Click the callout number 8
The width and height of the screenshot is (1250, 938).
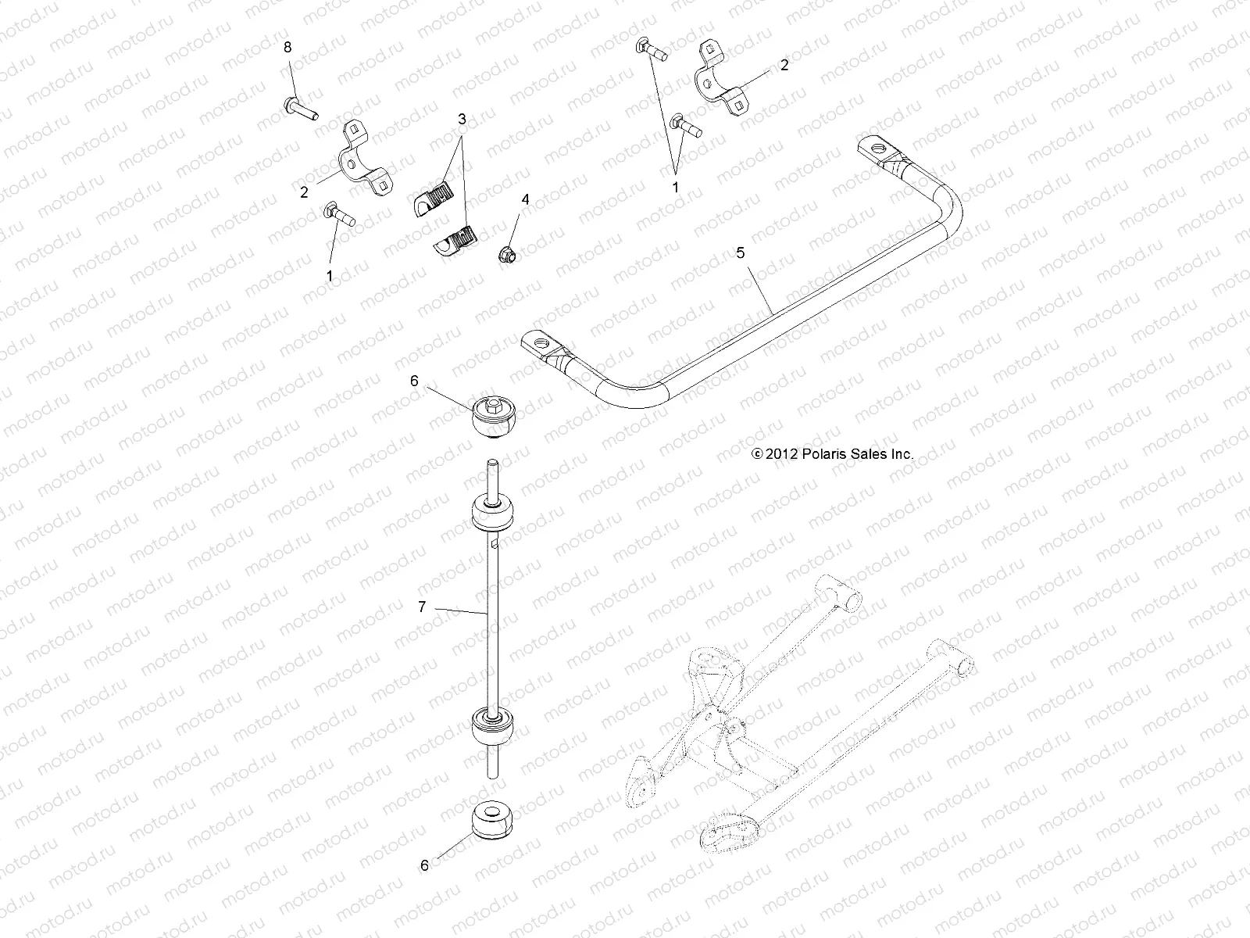point(287,48)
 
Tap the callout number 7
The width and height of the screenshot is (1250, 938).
point(422,606)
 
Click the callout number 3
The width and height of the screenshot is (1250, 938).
point(462,119)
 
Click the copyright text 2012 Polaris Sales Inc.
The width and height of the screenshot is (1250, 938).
point(832,453)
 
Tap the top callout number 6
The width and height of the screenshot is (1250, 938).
point(414,381)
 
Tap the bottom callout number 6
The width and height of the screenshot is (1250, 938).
point(425,865)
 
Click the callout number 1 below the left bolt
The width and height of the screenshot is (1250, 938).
point(330,275)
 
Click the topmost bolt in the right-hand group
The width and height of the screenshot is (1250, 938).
point(649,52)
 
